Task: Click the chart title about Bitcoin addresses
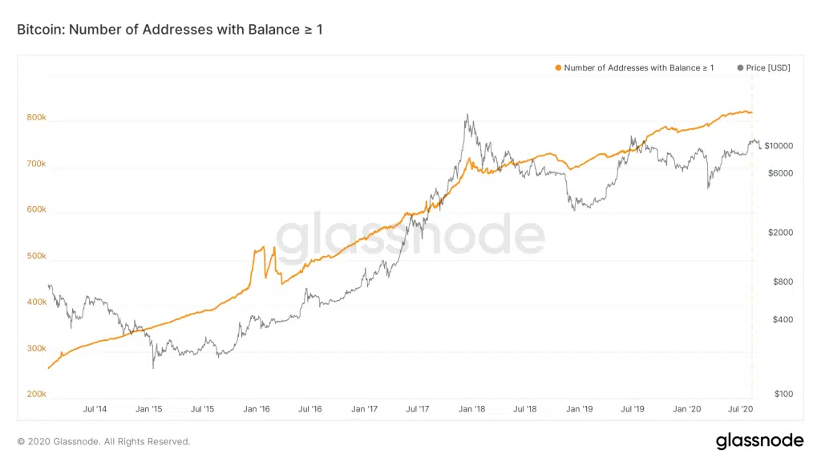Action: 169,30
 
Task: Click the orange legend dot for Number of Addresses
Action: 558,68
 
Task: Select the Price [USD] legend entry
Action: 763,68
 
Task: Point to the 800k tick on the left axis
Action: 37,118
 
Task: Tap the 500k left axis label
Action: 37,257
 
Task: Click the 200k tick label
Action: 37,395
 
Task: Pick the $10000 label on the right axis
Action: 778,146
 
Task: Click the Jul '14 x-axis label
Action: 95,409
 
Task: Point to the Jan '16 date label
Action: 256,409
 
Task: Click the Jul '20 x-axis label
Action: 740,409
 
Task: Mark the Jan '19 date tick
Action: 579,409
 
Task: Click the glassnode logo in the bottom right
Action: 758,440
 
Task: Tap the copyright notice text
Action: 103,441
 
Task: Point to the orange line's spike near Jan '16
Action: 263,249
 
